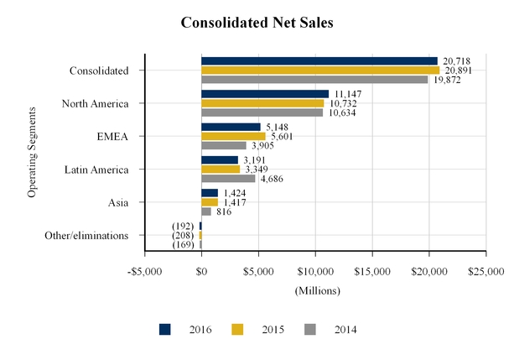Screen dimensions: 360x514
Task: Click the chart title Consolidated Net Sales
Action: point(257,23)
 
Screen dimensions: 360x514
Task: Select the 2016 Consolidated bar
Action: point(319,61)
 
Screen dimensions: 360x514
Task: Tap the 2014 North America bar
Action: point(262,112)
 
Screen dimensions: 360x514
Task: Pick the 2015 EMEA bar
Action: point(233,136)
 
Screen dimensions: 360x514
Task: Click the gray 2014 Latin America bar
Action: point(228,178)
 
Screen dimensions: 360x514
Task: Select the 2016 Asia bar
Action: point(210,193)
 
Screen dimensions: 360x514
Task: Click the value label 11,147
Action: point(350,94)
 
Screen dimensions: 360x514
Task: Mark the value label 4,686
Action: point(274,179)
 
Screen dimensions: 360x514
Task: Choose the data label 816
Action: point(225,211)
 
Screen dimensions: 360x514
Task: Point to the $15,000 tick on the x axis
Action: point(372,272)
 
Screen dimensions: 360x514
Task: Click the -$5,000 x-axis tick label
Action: point(144,272)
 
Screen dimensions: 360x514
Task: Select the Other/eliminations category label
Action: point(86,236)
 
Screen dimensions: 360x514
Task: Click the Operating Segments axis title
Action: point(32,152)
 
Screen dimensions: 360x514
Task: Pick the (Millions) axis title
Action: point(316,290)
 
